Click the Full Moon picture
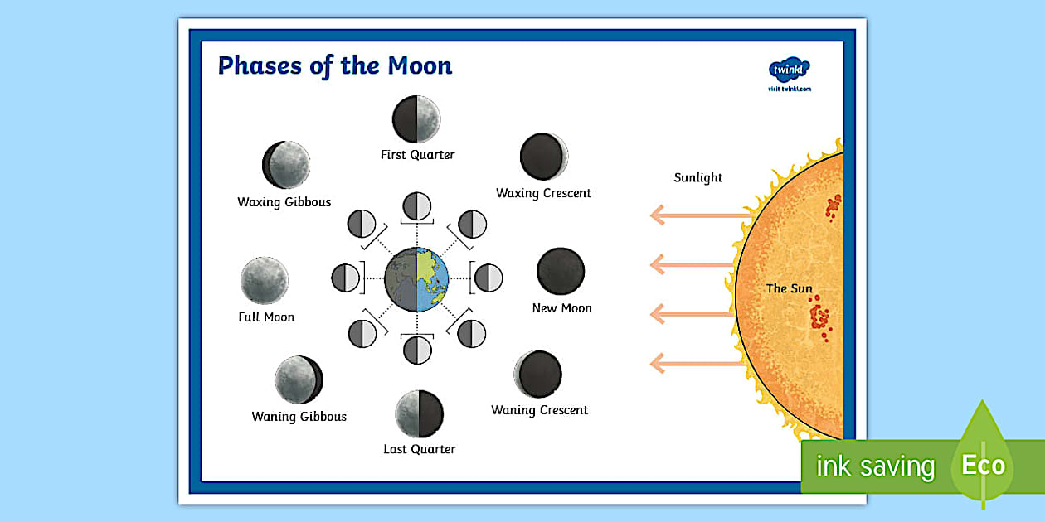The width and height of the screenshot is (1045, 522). (x=265, y=281)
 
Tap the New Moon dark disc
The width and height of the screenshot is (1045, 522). (x=561, y=271)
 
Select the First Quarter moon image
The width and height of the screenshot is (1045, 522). (x=416, y=119)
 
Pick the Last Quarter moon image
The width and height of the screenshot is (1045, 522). (x=419, y=414)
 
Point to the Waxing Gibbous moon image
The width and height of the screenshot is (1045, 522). (x=286, y=165)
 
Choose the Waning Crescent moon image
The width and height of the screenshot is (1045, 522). (x=538, y=375)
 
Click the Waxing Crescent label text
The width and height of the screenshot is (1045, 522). (x=543, y=193)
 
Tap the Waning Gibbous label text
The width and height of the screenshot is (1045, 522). (x=299, y=416)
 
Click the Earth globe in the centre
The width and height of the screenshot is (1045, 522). (x=416, y=279)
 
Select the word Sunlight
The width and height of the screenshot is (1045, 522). (x=698, y=177)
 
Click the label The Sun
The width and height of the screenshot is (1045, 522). (x=790, y=288)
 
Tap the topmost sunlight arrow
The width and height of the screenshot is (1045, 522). (x=701, y=215)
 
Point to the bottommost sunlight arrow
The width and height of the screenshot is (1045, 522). (x=697, y=364)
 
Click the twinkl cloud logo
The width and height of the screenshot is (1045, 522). (x=790, y=70)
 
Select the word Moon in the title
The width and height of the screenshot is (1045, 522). (x=420, y=65)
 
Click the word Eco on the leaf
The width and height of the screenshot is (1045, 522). (x=984, y=465)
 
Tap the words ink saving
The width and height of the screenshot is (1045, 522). (x=876, y=466)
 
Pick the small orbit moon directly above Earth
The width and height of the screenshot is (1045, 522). (x=416, y=205)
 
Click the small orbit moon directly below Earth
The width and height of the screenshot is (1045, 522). (x=417, y=350)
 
